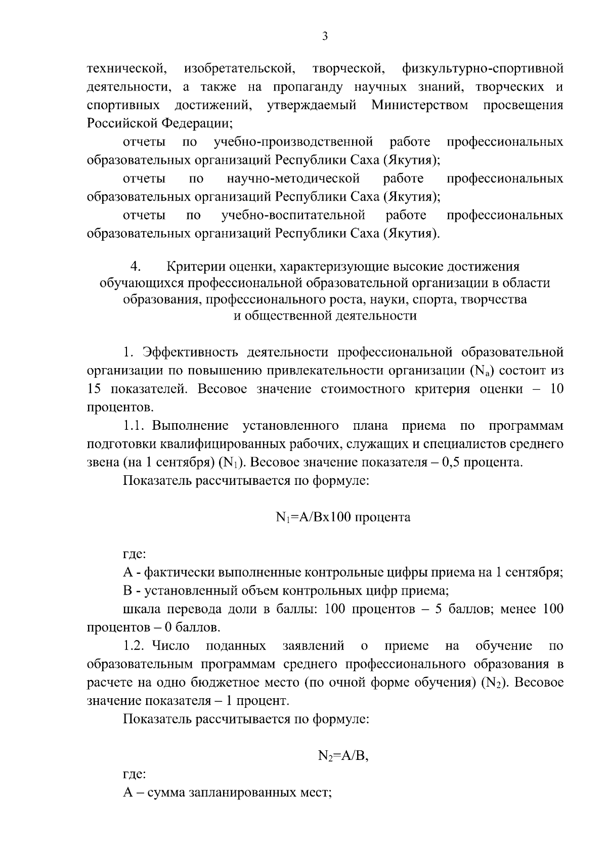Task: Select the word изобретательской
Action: point(239,68)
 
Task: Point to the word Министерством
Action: point(419,105)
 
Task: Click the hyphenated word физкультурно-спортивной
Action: point(483,68)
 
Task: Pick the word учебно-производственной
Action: point(293,142)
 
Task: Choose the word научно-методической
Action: point(293,179)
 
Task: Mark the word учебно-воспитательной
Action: point(293,216)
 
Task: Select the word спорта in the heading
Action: point(431,299)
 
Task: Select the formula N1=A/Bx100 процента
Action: point(343,518)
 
